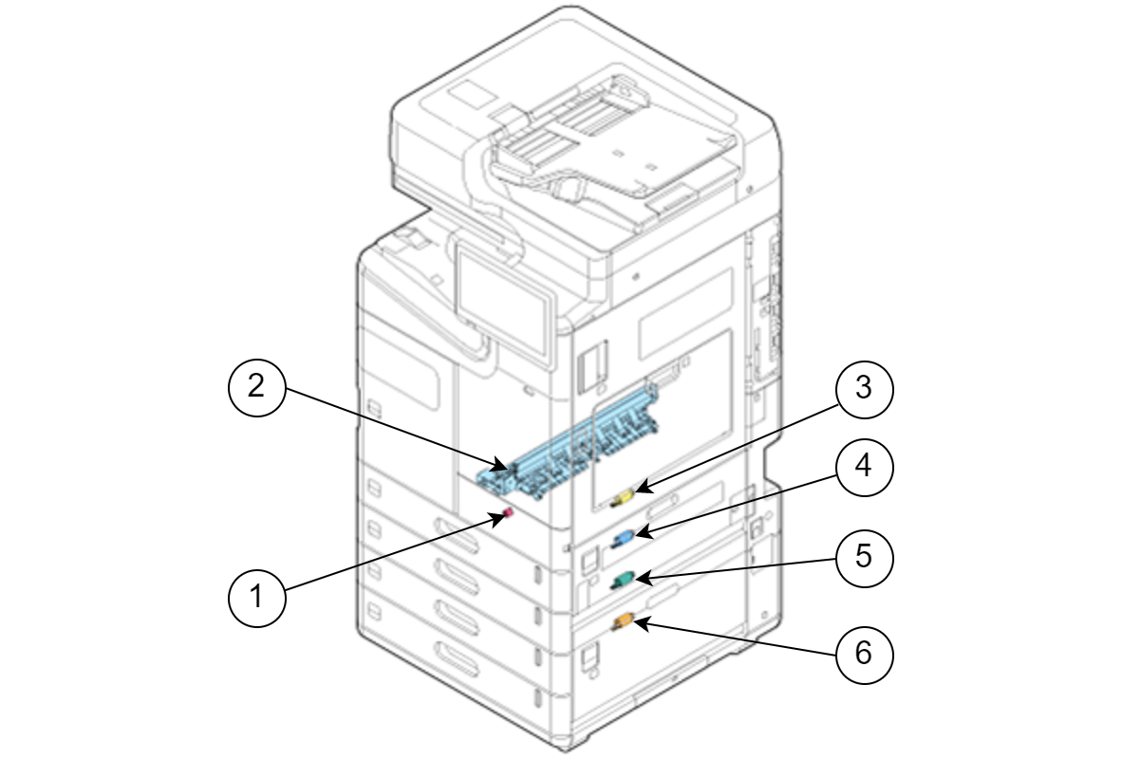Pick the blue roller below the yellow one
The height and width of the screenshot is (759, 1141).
pos(623,538)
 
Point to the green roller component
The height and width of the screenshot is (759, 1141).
pos(622,578)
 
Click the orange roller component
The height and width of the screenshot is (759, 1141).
pos(625,621)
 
